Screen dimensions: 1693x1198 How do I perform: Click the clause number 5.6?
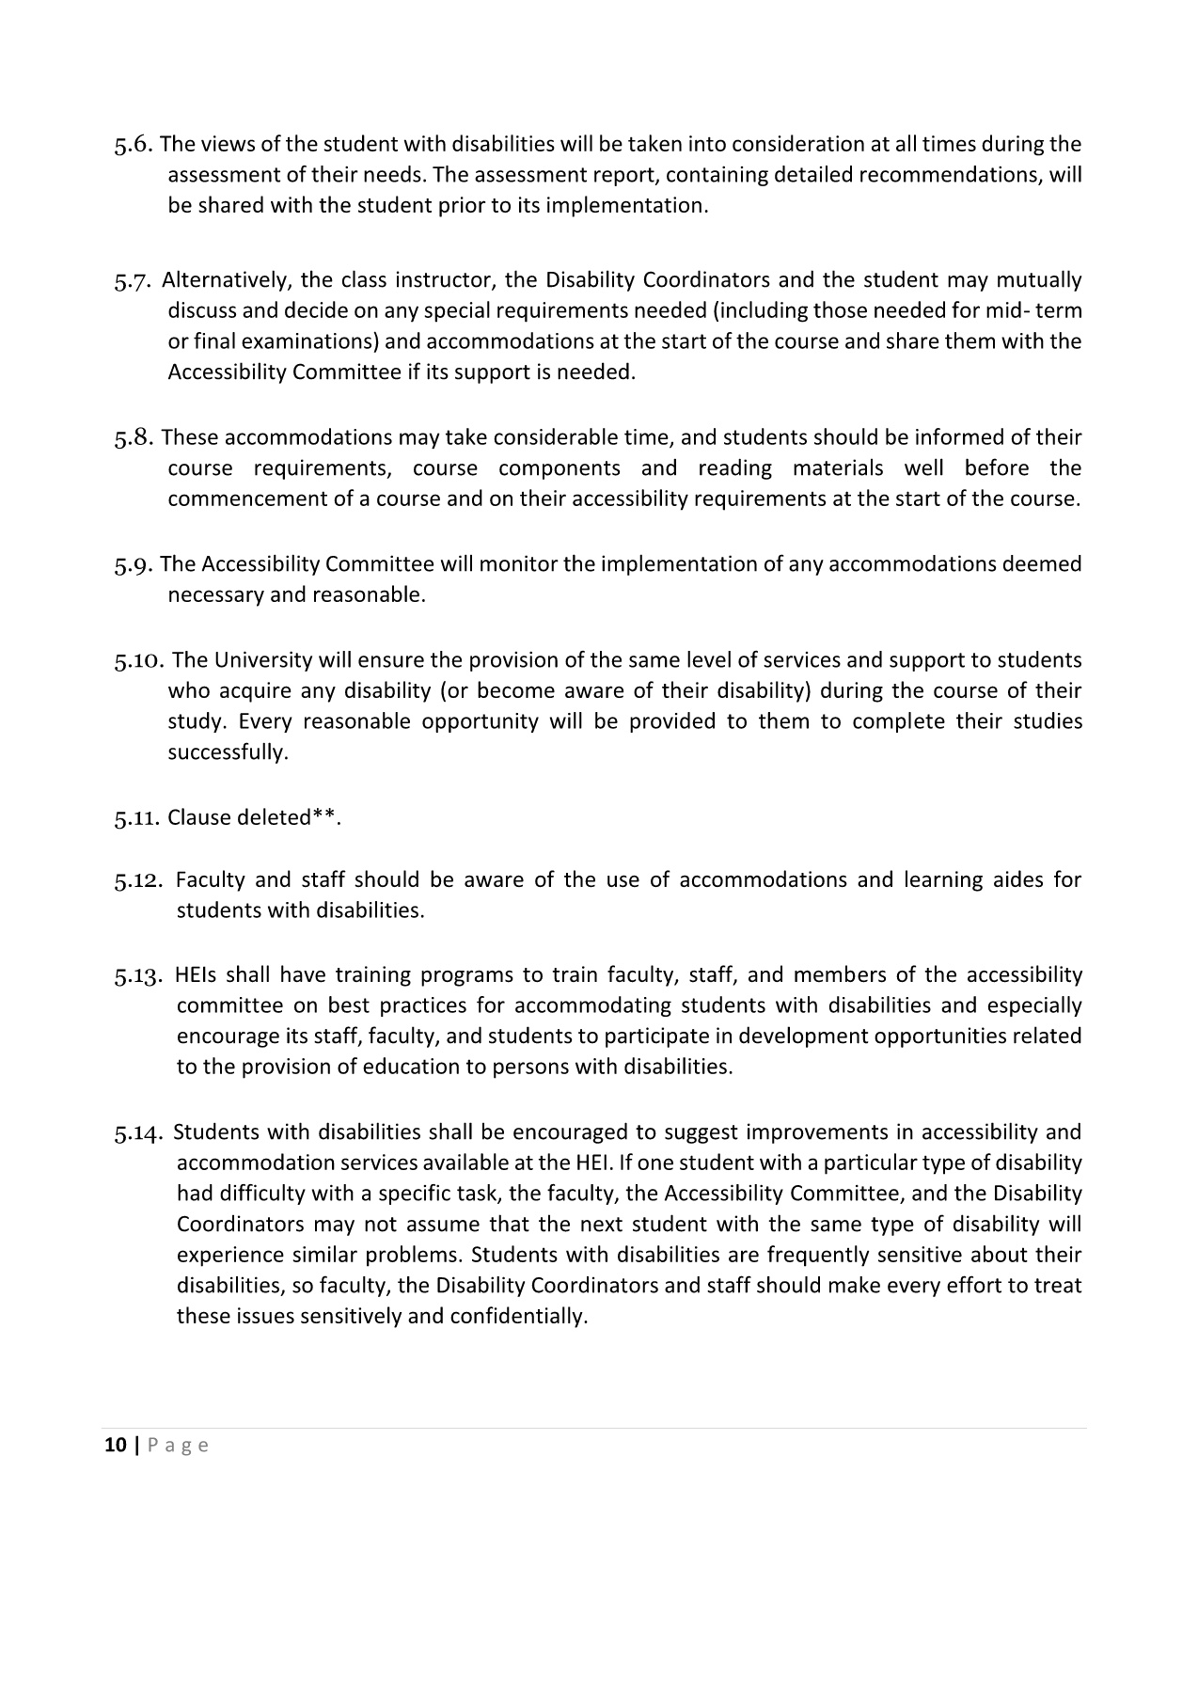[x=133, y=145]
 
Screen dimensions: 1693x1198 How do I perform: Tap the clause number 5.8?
[x=134, y=438]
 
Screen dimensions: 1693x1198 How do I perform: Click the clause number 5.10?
[x=139, y=661]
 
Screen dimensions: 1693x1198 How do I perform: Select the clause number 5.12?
[x=139, y=881]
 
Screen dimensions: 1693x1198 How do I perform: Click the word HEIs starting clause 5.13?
[x=196, y=975]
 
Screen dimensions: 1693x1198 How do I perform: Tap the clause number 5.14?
[x=139, y=1133]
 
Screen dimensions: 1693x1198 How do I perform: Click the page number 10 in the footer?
[x=115, y=1446]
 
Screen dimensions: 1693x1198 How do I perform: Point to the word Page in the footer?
[x=178, y=1446]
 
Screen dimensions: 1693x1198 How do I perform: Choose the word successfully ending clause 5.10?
[x=228, y=752]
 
